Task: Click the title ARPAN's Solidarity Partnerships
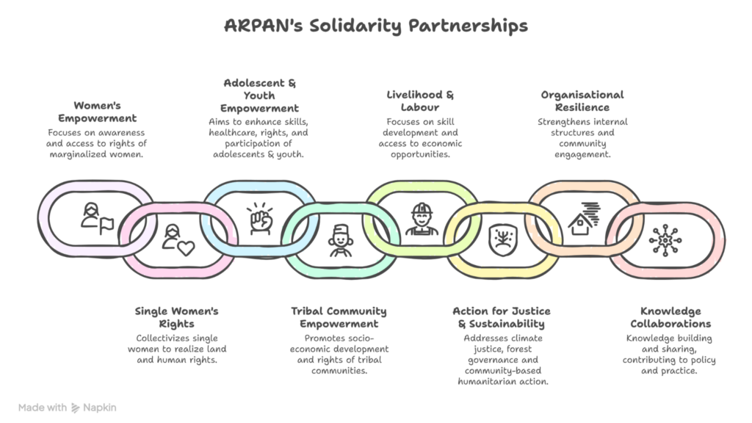[375, 26]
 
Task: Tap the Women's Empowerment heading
[105, 112]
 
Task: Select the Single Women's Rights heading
[176, 317]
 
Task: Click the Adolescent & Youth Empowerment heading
[259, 95]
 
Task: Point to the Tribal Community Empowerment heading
[339, 317]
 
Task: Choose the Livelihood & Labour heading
[420, 101]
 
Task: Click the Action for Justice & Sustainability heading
[501, 317]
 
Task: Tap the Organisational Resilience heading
[582, 101]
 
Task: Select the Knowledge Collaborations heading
[670, 317]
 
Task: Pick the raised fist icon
[260, 218]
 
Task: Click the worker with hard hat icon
[422, 218]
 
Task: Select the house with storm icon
[585, 218]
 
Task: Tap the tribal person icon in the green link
[340, 240]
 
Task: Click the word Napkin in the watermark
[100, 408]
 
